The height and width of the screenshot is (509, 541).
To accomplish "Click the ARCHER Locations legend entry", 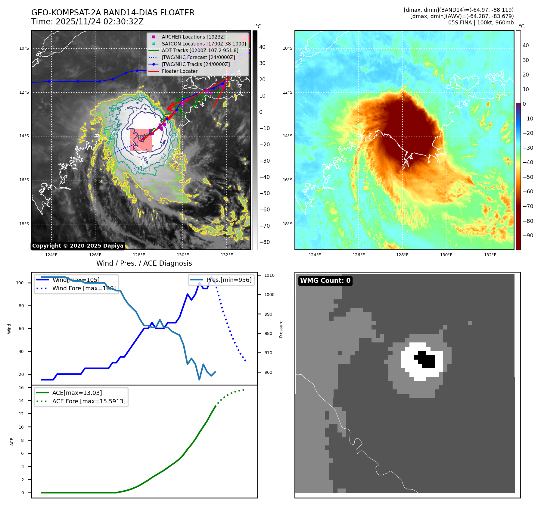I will click(193, 37).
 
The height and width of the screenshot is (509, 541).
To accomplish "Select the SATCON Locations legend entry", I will click(204, 44).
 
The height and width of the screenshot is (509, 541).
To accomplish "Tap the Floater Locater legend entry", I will click(179, 71).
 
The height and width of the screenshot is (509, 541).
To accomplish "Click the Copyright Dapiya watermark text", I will click(78, 246).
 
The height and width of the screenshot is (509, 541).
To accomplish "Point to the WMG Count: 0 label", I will click(325, 281).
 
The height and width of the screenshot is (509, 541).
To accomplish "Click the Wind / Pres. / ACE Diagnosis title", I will click(144, 263).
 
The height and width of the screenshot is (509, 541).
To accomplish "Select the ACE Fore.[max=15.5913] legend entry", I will click(89, 401).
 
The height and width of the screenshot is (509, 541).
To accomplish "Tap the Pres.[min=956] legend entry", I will click(229, 280).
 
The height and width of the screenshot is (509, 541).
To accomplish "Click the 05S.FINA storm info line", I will click(481, 23).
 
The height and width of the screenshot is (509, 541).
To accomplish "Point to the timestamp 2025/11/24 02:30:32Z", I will click(99, 22).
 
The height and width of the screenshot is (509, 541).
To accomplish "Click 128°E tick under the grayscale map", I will click(139, 255).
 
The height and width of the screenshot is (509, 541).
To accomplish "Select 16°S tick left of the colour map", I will click(288, 180).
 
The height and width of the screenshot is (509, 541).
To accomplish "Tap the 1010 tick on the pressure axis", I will click(269, 275).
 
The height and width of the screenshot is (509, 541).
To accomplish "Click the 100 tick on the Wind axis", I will click(20, 283).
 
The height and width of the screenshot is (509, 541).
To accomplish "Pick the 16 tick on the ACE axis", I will click(21, 388).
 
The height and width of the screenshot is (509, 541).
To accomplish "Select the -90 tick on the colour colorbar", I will click(528, 236).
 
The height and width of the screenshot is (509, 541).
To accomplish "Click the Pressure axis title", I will click(281, 329).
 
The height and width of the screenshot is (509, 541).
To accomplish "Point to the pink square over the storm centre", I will click(141, 140).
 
